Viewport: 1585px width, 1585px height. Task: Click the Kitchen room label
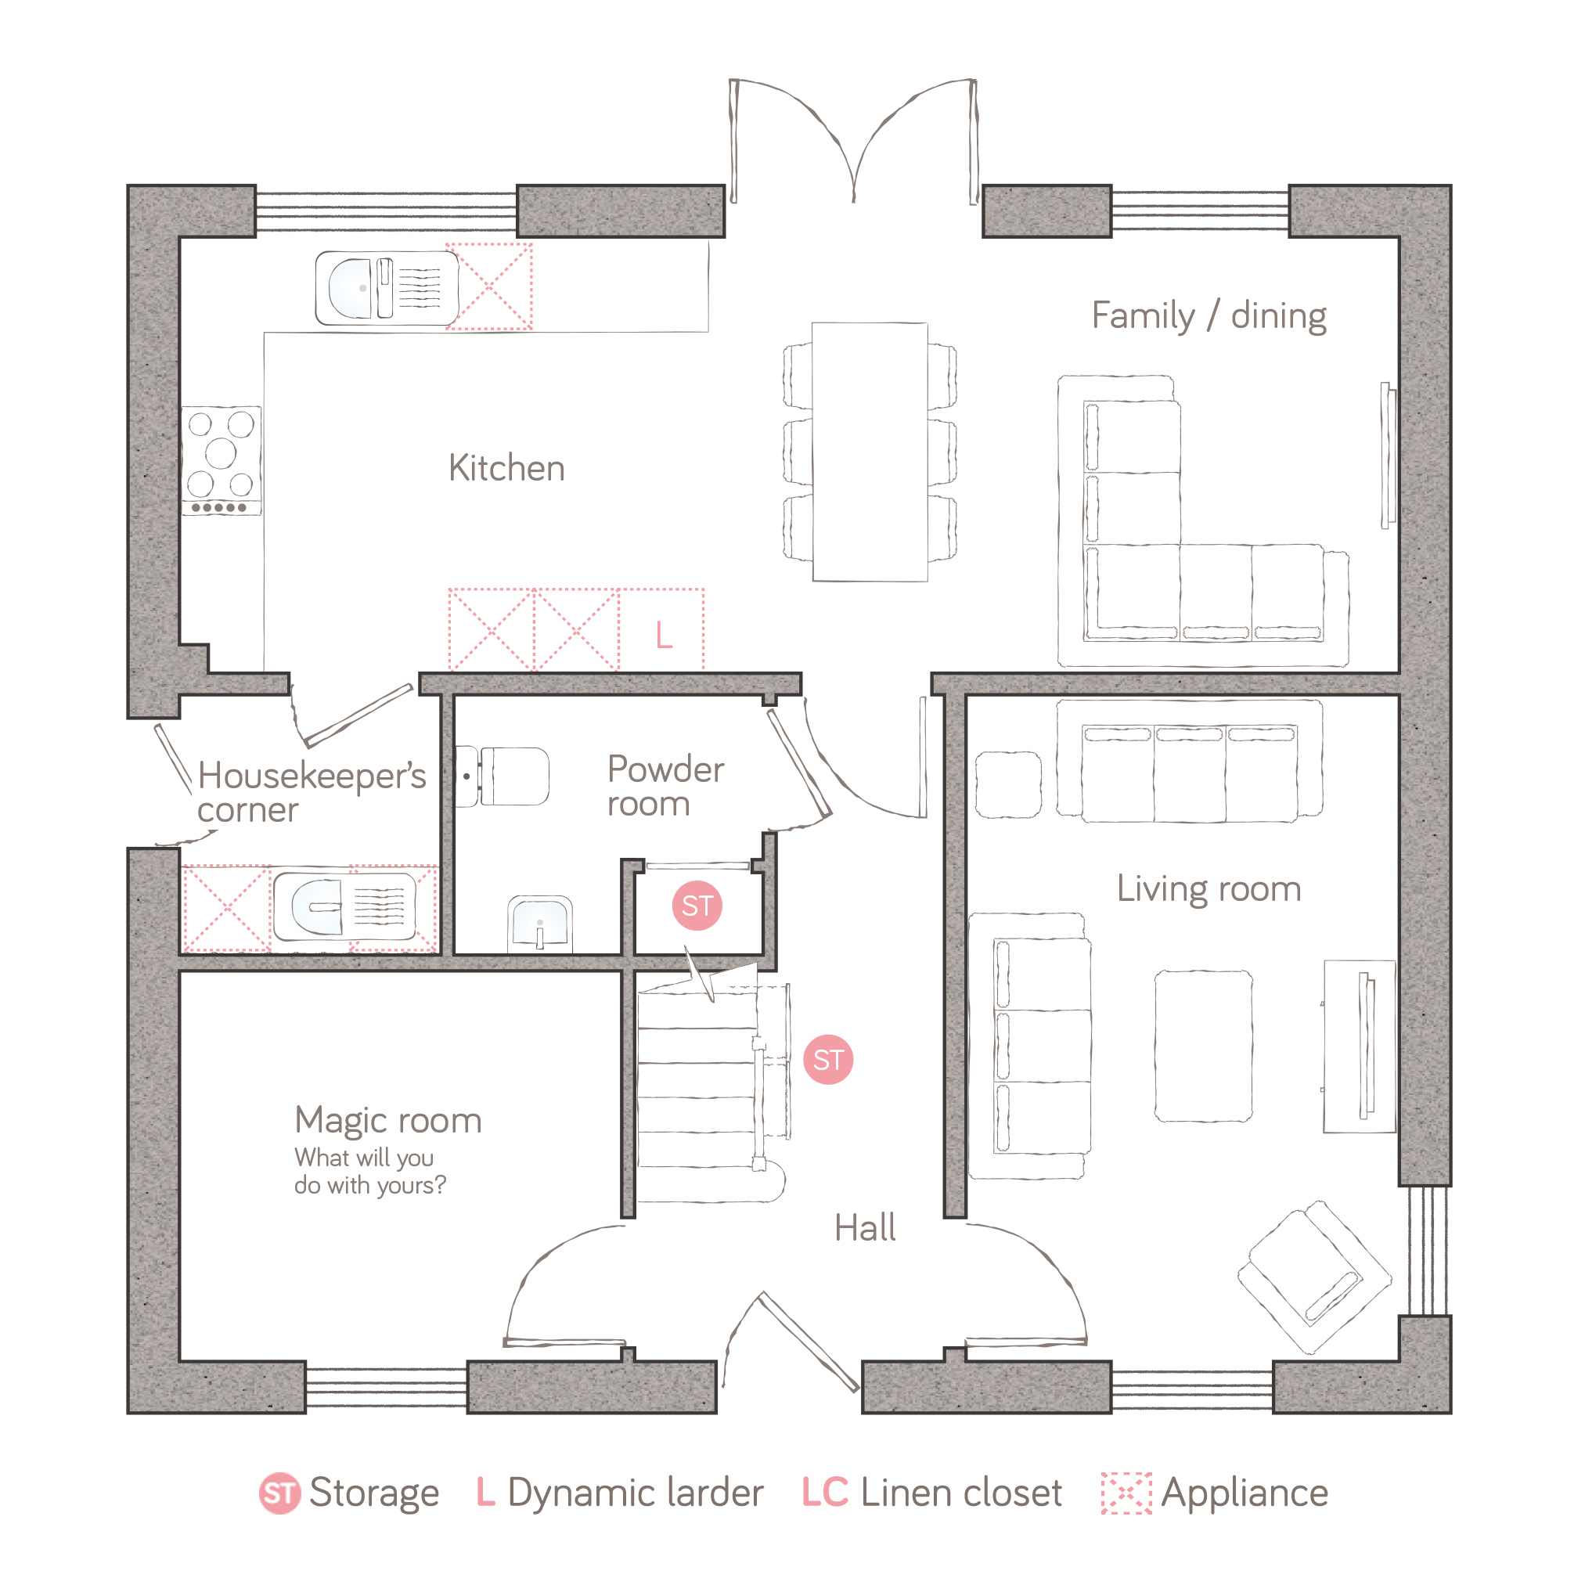pos(506,468)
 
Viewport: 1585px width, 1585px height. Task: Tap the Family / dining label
pos(1209,317)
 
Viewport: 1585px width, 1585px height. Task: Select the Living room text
pos(1209,889)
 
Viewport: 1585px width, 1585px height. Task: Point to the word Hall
pos(865,1228)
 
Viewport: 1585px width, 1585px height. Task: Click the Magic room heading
pos(388,1121)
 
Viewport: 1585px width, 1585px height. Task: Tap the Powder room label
pos(665,786)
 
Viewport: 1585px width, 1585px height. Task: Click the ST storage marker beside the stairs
pos(828,1060)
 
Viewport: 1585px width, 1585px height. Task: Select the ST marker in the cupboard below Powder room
pos(697,906)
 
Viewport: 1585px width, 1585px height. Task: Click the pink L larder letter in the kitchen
pos(664,635)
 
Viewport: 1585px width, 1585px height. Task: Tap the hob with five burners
pos(222,460)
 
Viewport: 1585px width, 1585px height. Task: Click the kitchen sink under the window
pos(387,288)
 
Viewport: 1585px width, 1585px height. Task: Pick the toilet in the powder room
pos(501,776)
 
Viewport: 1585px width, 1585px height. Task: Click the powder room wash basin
pos(540,924)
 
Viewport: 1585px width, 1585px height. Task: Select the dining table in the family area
pos(870,452)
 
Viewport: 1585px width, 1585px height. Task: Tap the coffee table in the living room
pos(1204,1046)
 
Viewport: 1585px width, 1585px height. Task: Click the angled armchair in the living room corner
pos(1314,1277)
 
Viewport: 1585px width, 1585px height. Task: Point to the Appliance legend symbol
pos(1126,1493)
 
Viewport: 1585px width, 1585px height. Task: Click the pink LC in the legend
pos(824,1493)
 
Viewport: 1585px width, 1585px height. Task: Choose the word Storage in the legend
pos(374,1494)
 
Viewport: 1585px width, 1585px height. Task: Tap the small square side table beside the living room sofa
pos(1008,784)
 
